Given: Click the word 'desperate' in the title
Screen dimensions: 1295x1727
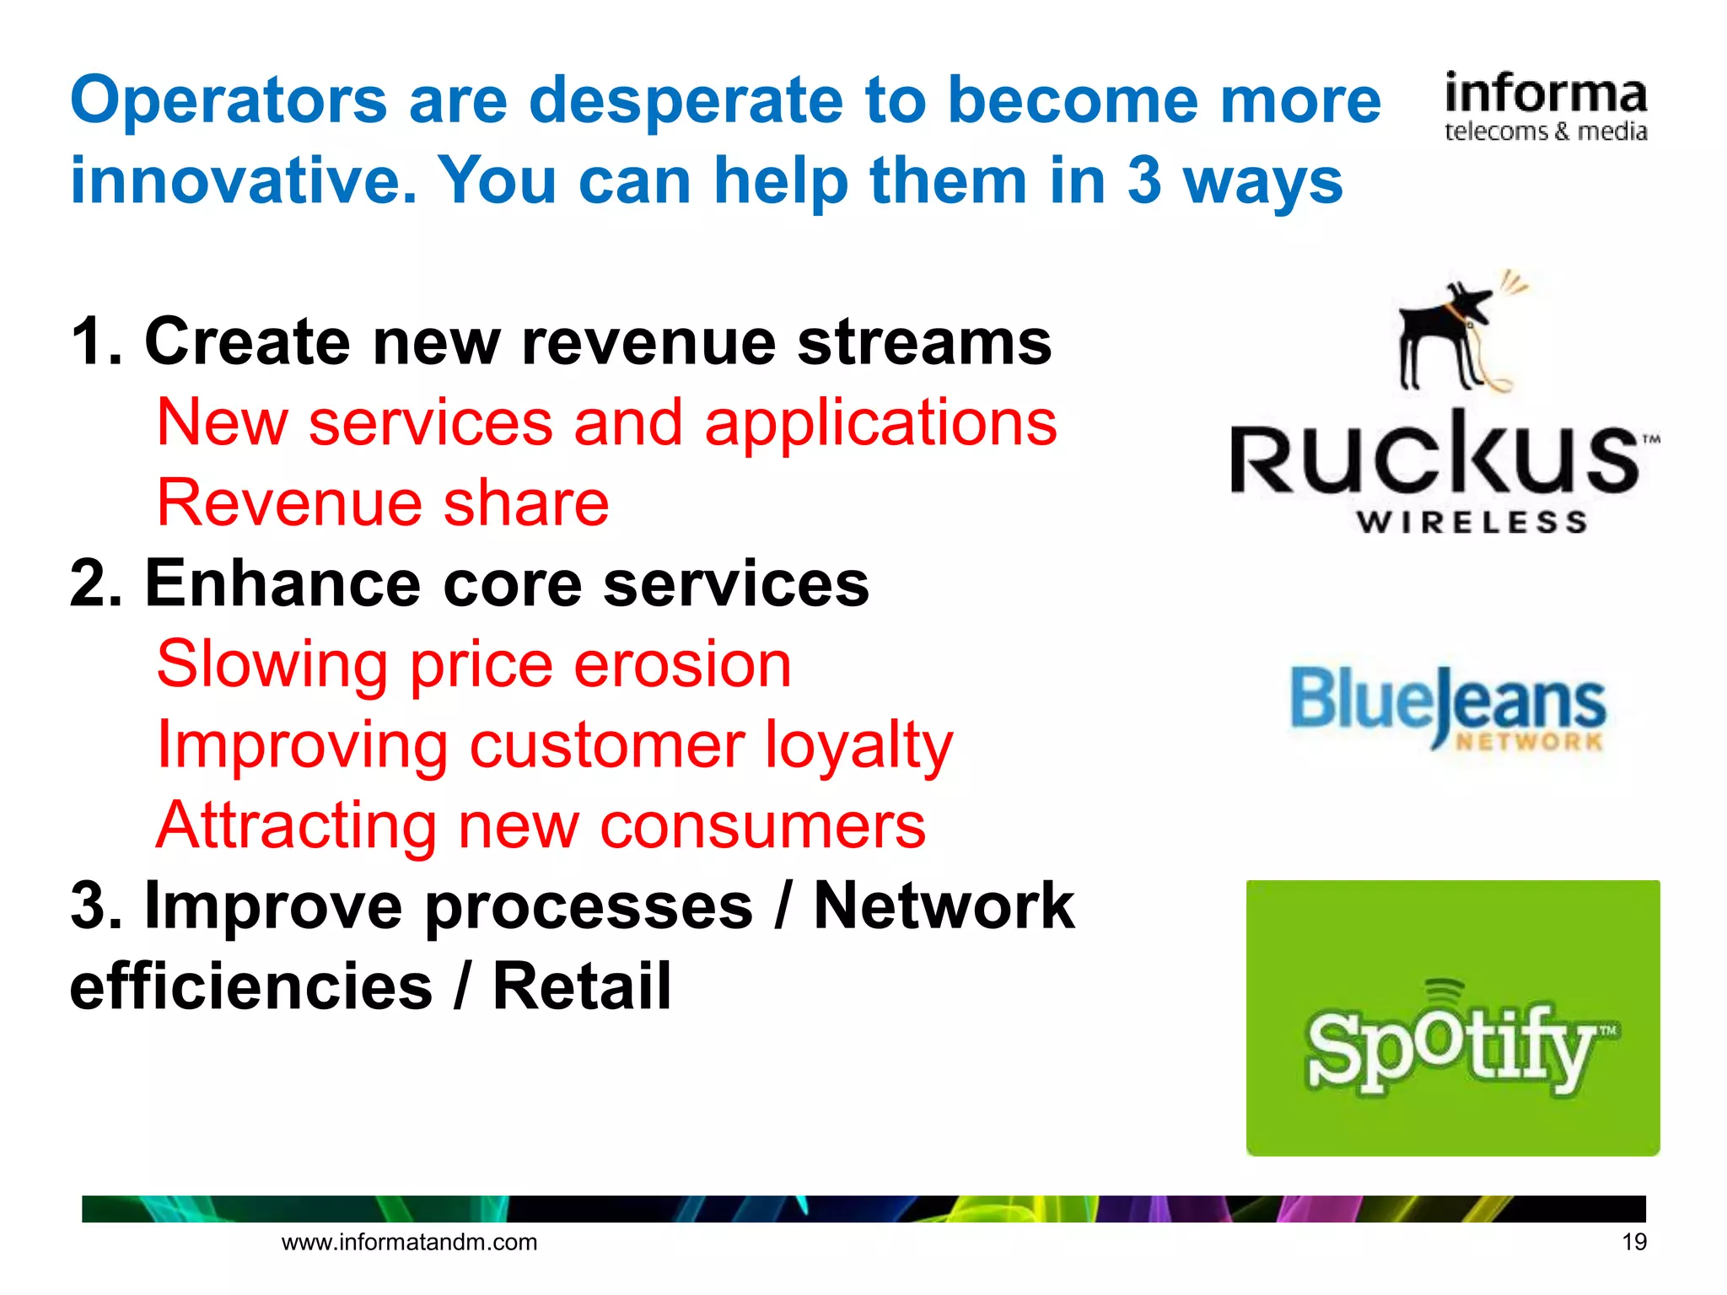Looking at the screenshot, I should tap(685, 101).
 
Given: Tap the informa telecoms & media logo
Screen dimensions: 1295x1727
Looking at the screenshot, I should tap(1545, 107).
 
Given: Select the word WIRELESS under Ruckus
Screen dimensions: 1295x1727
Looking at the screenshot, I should tap(1471, 523).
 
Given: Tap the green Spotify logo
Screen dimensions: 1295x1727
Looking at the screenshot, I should tap(1452, 1018).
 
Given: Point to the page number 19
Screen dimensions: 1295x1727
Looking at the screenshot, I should tap(1633, 1242).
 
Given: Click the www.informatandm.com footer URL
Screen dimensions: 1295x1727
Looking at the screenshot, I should tap(409, 1242).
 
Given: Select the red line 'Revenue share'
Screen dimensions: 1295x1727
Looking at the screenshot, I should tap(383, 503).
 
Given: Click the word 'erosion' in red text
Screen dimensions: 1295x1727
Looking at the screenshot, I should tap(682, 664).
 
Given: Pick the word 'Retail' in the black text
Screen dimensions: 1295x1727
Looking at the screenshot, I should tap(582, 986).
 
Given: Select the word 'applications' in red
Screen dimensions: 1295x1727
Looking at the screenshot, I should tap(880, 423).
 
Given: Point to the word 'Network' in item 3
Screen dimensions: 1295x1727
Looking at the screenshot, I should tap(944, 906).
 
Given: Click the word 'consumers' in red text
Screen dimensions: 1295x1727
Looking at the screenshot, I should tap(762, 826).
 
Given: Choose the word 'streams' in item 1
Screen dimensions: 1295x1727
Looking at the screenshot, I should tap(924, 342).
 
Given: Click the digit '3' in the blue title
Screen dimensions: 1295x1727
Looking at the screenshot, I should tap(1143, 181).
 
